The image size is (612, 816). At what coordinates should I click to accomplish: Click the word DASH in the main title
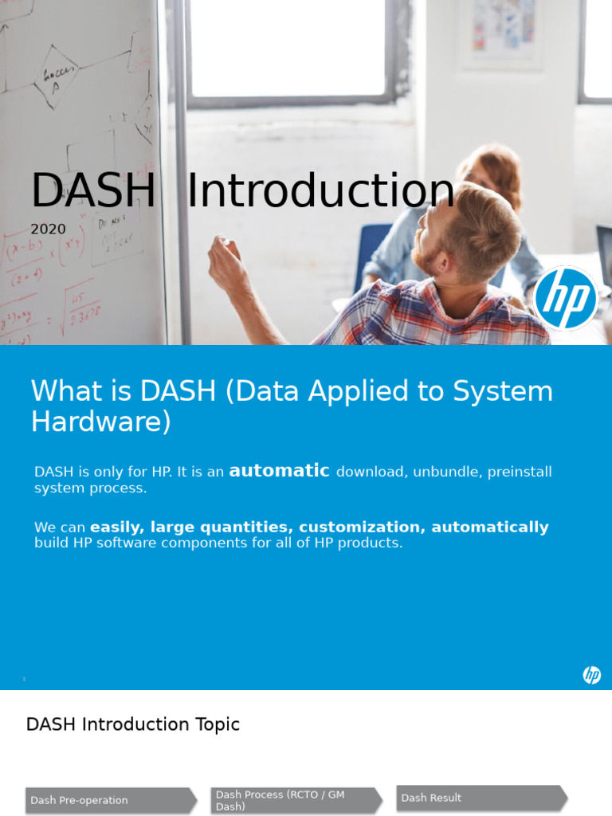tap(92, 192)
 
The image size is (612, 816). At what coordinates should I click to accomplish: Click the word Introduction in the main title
tap(320, 192)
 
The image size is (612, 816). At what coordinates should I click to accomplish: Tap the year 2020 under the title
tap(48, 229)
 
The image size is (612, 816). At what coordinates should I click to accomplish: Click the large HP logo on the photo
tap(566, 298)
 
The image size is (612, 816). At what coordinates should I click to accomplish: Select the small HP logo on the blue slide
tap(591, 675)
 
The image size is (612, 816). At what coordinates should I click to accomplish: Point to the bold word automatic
tap(279, 471)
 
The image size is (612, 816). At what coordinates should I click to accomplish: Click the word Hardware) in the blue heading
tap(100, 422)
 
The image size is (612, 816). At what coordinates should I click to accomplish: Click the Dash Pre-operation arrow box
tap(110, 800)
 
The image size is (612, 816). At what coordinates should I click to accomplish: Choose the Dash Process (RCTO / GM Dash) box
tap(295, 800)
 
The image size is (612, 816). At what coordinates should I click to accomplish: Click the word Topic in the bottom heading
tap(218, 724)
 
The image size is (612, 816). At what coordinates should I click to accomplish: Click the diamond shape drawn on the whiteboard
tap(56, 77)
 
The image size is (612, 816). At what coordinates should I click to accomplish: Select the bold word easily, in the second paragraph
tap(116, 528)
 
